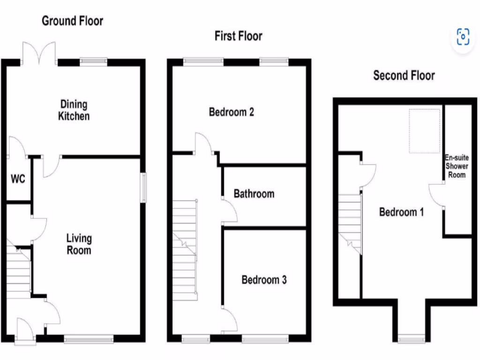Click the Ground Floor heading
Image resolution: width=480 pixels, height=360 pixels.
[73, 21]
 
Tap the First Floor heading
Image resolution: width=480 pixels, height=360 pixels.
[238, 36]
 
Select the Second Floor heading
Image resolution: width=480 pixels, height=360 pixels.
[404, 75]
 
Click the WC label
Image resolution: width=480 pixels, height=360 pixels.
[18, 179]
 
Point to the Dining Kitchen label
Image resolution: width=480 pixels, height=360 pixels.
[74, 110]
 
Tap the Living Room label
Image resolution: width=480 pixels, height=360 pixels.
[79, 244]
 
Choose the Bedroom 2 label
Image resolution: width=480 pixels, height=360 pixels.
[232, 112]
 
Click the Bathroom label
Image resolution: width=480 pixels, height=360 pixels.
[254, 194]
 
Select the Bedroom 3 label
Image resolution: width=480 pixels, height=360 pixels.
[264, 280]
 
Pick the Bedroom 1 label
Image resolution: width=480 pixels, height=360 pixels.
[401, 212]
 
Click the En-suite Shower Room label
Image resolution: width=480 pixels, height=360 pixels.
[457, 166]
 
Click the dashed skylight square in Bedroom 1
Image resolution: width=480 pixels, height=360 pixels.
[425, 131]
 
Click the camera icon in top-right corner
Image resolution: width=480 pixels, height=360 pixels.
[463, 37]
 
